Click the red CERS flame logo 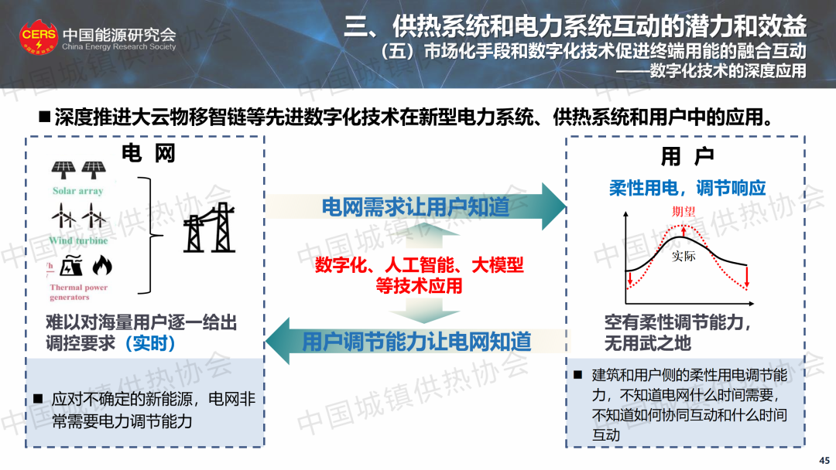(39, 37)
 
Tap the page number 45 (824, 461)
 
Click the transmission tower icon (209, 227)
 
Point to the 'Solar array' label (78, 191)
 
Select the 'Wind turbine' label (78, 240)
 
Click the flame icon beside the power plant (102, 265)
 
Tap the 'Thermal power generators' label (78, 292)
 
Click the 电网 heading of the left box (148, 153)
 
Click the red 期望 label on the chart (683, 211)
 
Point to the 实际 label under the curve (684, 256)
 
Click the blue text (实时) (150, 343)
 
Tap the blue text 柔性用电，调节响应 (687, 188)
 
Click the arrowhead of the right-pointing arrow (554, 206)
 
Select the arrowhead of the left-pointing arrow (277, 341)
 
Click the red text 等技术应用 (419, 286)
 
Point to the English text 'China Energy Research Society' (119, 47)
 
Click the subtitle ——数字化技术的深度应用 (711, 71)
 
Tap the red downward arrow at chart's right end (747, 277)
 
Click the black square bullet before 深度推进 (45, 117)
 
